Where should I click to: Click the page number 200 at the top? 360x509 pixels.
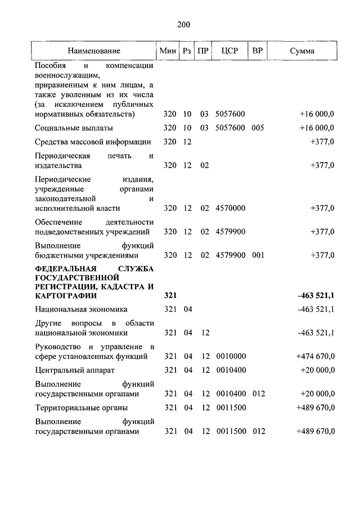coord(183,24)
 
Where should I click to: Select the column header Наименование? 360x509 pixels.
coord(94,51)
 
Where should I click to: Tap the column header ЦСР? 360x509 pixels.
coord(229,51)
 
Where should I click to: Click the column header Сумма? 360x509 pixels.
coord(302,51)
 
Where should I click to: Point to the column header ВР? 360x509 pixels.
coord(258,51)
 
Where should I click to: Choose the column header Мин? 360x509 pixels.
coord(168,51)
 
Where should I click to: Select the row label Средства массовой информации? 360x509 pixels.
coord(93,142)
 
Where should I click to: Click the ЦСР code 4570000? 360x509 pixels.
coord(230,208)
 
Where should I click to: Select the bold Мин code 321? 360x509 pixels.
coord(170,295)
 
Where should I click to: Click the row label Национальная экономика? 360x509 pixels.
coord(81,309)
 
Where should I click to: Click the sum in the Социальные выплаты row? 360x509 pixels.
coord(317,128)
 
